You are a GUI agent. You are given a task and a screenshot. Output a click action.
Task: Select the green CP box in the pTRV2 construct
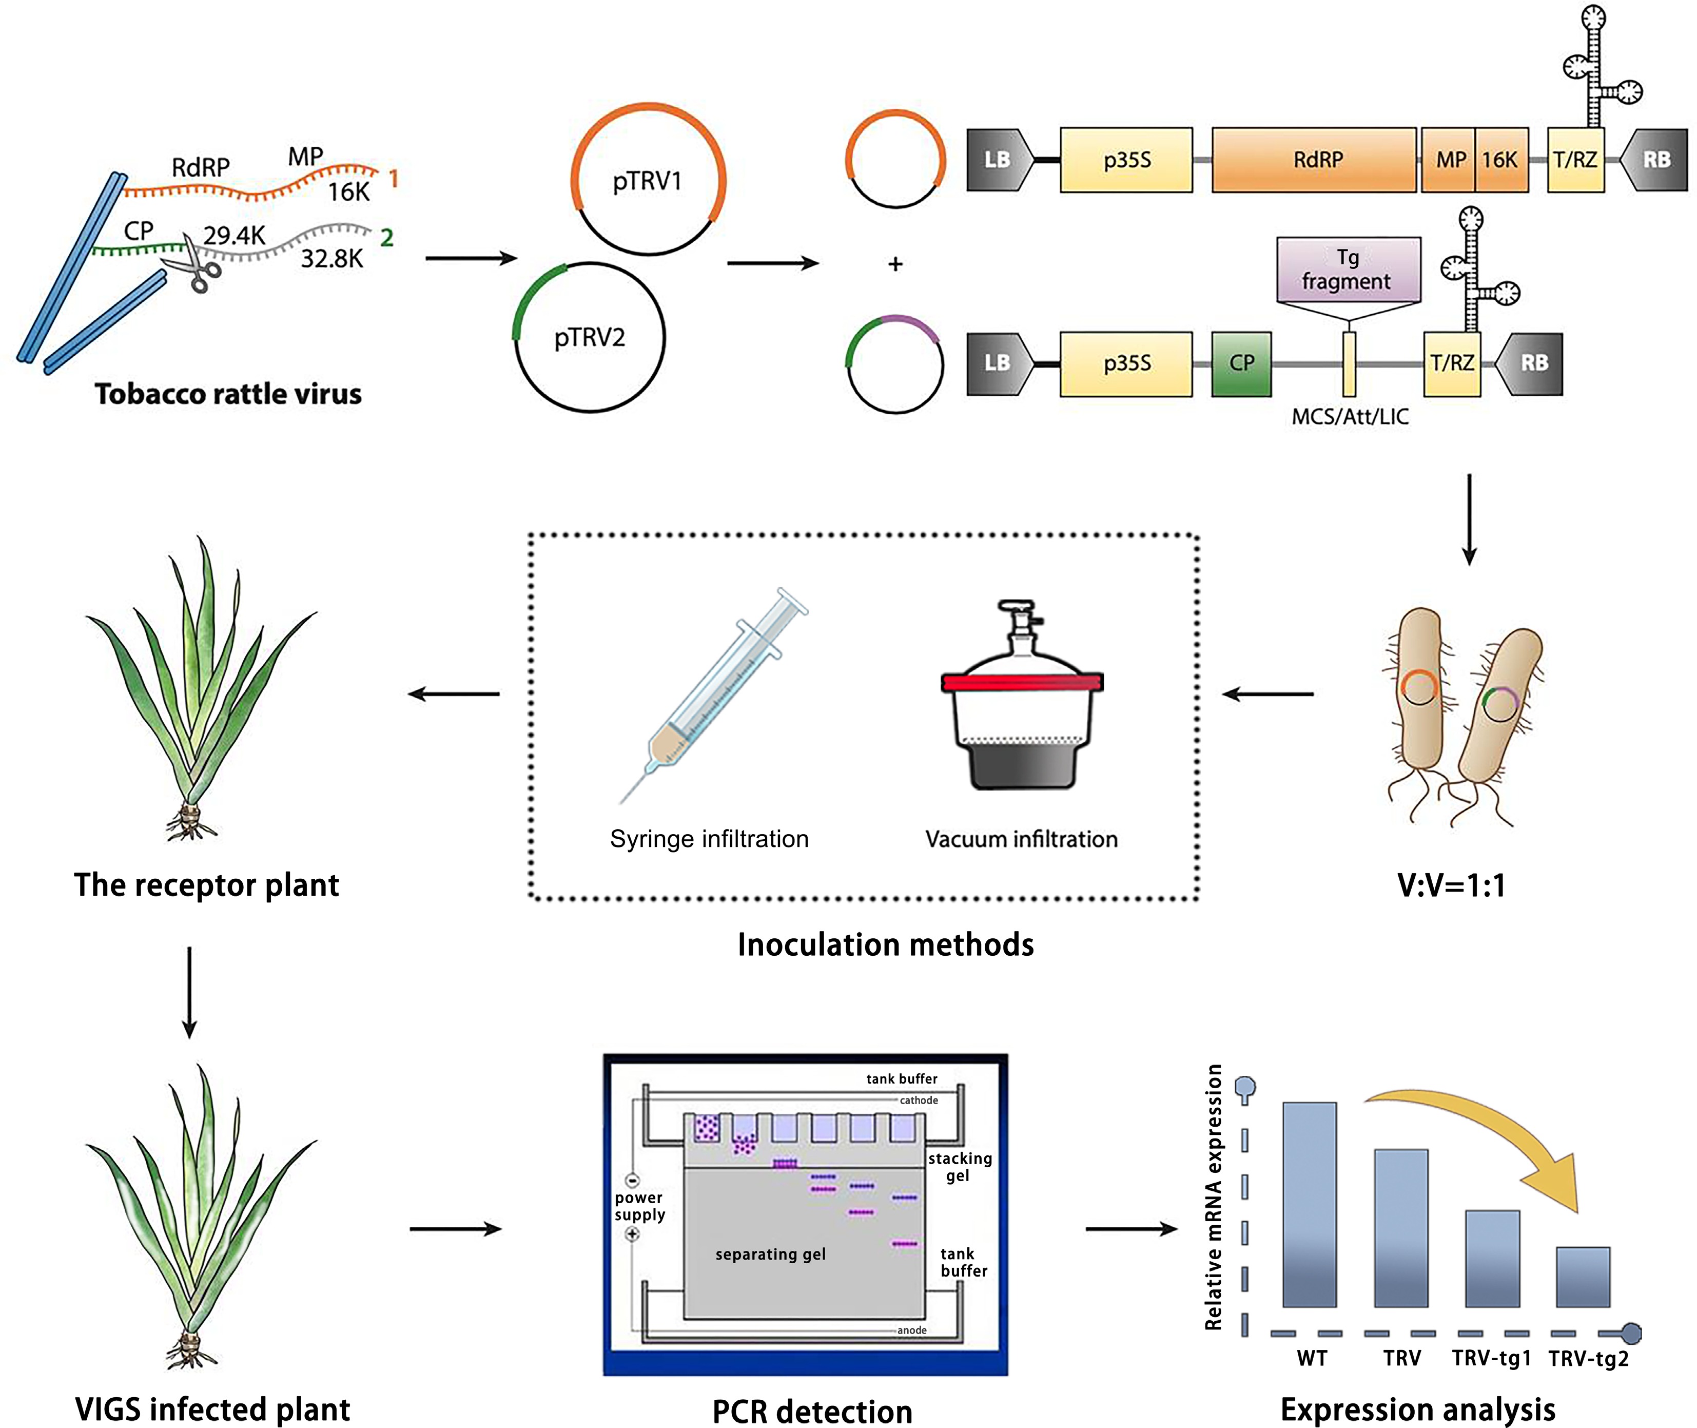pos(1241,363)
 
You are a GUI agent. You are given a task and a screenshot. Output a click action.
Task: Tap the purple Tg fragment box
pos(1348,269)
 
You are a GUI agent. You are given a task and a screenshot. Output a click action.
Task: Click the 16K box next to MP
pos(1501,160)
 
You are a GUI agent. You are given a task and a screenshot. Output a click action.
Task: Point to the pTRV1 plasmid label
pos(648,181)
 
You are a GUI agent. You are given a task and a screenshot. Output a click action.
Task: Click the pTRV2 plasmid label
pos(590,337)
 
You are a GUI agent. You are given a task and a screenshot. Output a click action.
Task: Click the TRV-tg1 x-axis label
pos(1491,1358)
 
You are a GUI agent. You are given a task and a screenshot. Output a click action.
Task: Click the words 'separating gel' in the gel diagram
pos(770,1254)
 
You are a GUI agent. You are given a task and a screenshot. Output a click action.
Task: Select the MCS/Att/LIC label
pos(1350,417)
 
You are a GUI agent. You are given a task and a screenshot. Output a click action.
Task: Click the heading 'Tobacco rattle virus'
pos(228,394)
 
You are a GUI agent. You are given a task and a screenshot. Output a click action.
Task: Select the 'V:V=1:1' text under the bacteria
pos(1452,885)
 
